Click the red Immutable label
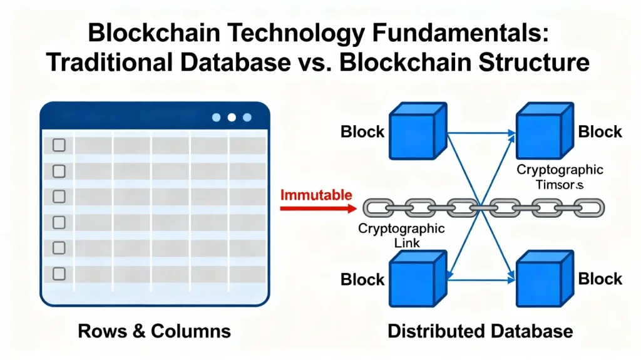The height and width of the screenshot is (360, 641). (x=315, y=194)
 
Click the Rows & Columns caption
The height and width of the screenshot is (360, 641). (x=154, y=331)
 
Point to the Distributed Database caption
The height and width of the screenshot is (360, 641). (x=480, y=331)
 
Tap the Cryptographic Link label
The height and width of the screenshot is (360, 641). (x=401, y=235)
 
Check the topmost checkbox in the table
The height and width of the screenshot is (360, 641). (x=59, y=145)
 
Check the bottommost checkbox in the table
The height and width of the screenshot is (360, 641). (x=59, y=273)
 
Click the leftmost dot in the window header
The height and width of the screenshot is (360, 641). (x=217, y=117)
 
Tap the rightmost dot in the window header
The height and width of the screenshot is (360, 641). (x=247, y=117)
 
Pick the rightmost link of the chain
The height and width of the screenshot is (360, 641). (x=590, y=207)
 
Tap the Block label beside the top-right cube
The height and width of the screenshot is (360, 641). (x=600, y=131)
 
